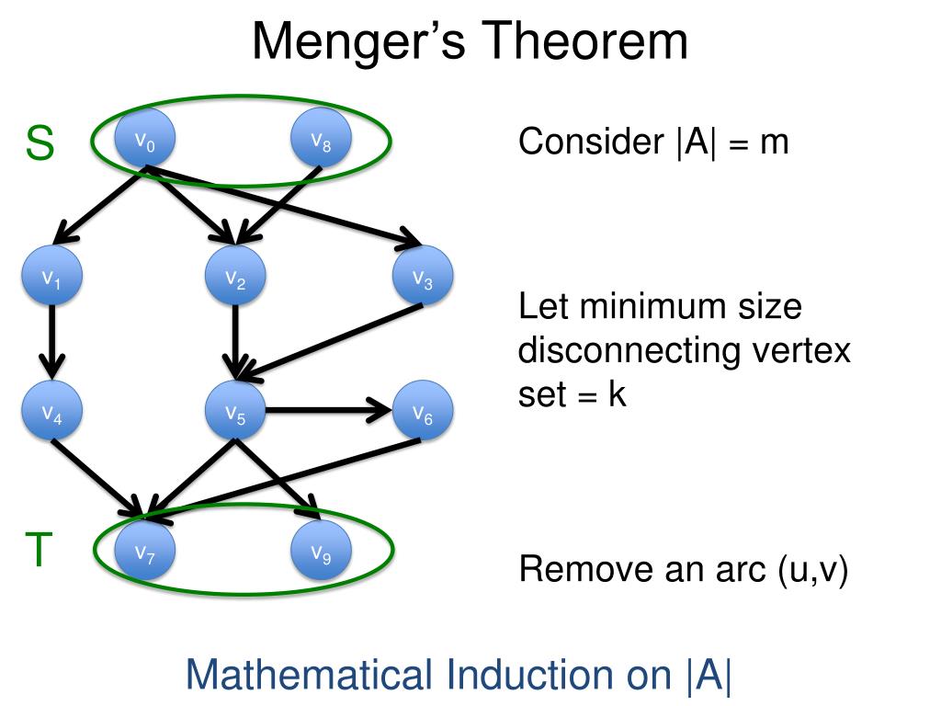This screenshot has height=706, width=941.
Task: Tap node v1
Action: point(51,278)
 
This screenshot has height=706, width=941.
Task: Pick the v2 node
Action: point(235,278)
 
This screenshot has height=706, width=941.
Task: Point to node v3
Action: point(422,278)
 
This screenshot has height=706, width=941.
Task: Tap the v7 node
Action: point(145,552)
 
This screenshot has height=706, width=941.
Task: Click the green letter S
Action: point(40,143)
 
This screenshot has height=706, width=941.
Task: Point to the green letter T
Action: point(38,552)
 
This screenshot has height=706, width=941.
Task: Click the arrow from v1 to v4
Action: point(51,345)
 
